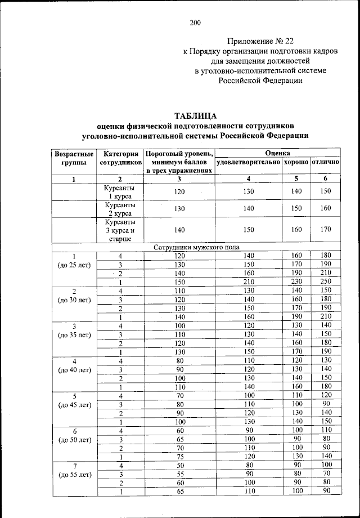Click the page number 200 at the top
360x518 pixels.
point(195,23)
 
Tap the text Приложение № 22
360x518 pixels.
point(260,41)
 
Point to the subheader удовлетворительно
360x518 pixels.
point(248,162)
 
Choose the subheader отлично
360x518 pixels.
point(326,162)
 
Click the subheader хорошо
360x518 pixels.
point(296,162)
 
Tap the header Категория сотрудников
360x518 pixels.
point(120,158)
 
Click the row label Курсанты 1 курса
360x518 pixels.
point(120,191)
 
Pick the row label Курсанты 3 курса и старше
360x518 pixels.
point(120,230)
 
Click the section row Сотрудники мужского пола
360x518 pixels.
point(196,247)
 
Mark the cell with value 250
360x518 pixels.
point(326,282)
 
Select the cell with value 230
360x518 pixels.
point(296,282)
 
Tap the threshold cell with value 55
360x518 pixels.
point(179,475)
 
